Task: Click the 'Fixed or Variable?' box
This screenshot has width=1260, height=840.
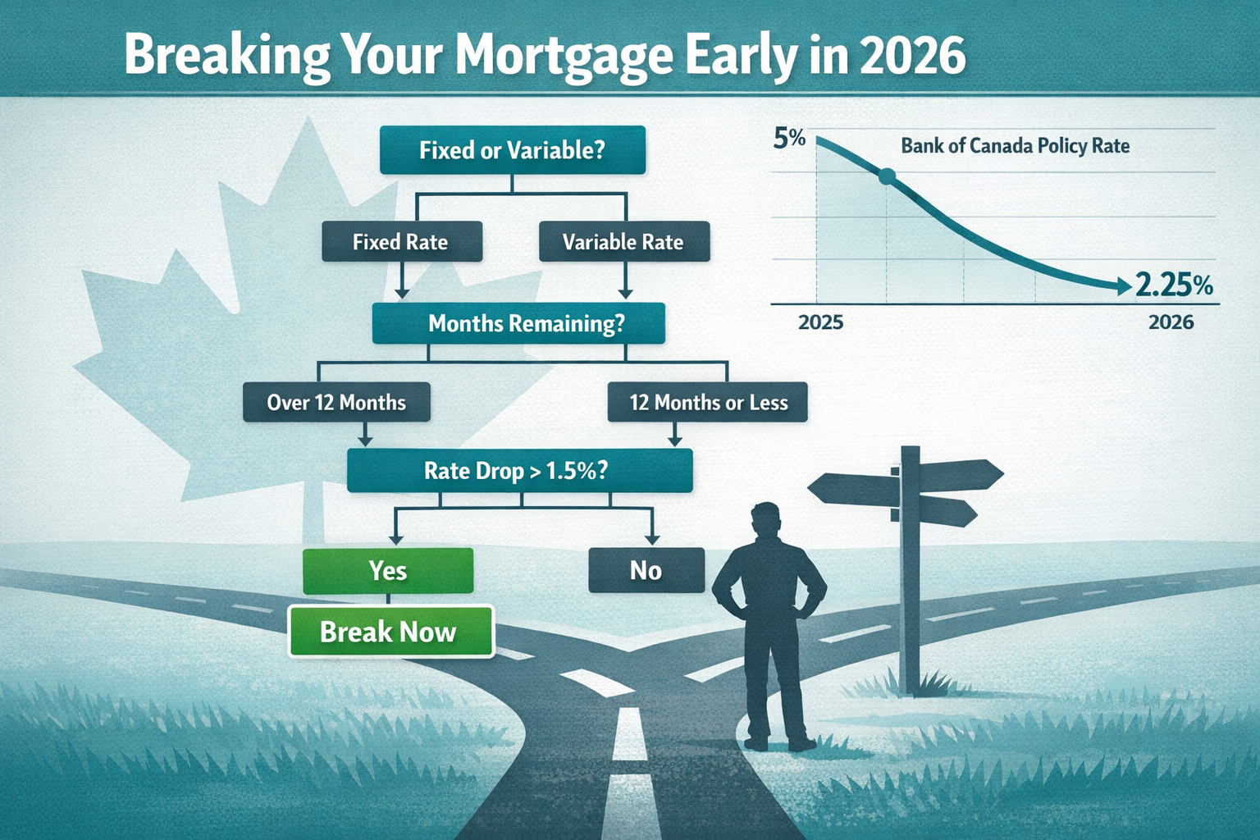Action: point(513,150)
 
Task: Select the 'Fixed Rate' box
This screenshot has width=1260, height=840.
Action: point(401,242)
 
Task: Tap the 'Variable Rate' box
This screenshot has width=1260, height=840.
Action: point(623,242)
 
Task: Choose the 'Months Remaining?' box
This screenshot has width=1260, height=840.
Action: point(518,323)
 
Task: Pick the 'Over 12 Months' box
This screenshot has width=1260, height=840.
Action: point(336,402)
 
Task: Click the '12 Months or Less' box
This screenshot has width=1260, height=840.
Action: point(708,403)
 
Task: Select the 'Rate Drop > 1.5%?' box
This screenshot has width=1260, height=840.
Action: point(519,471)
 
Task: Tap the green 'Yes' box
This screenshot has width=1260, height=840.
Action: point(388,570)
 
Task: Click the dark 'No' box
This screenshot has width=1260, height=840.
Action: point(646,570)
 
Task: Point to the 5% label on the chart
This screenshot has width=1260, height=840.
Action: point(789,139)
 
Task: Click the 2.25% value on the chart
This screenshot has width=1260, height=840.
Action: point(1174,285)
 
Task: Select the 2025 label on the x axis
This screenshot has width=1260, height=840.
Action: point(820,322)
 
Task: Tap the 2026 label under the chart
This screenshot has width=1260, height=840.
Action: point(1171,322)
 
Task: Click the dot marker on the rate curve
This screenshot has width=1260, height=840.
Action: point(886,176)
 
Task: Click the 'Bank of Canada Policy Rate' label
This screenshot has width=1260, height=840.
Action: point(1015,146)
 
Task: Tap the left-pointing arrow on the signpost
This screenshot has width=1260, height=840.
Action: point(853,489)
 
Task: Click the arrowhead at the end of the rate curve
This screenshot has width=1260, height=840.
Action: point(1122,285)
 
